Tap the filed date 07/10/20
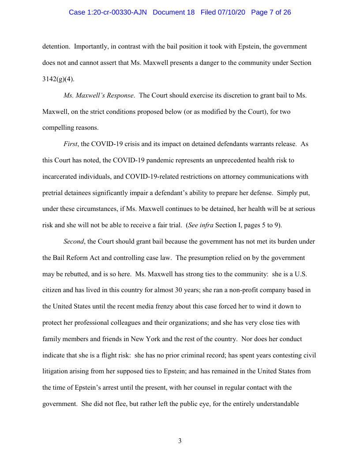point(232,12)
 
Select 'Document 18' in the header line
point(173,12)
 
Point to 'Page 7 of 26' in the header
point(271,12)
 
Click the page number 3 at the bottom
point(180,441)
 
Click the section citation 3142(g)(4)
point(58,79)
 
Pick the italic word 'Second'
point(74,241)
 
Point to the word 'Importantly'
point(92,46)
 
